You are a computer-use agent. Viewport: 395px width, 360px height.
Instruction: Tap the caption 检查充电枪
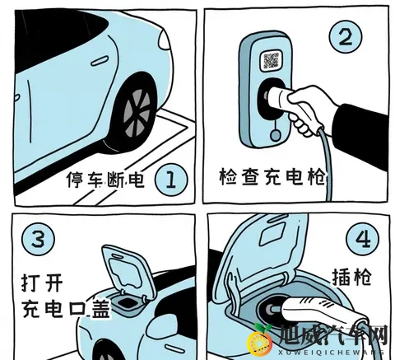(x=272, y=178)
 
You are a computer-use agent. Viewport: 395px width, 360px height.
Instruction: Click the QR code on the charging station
(x=272, y=61)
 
